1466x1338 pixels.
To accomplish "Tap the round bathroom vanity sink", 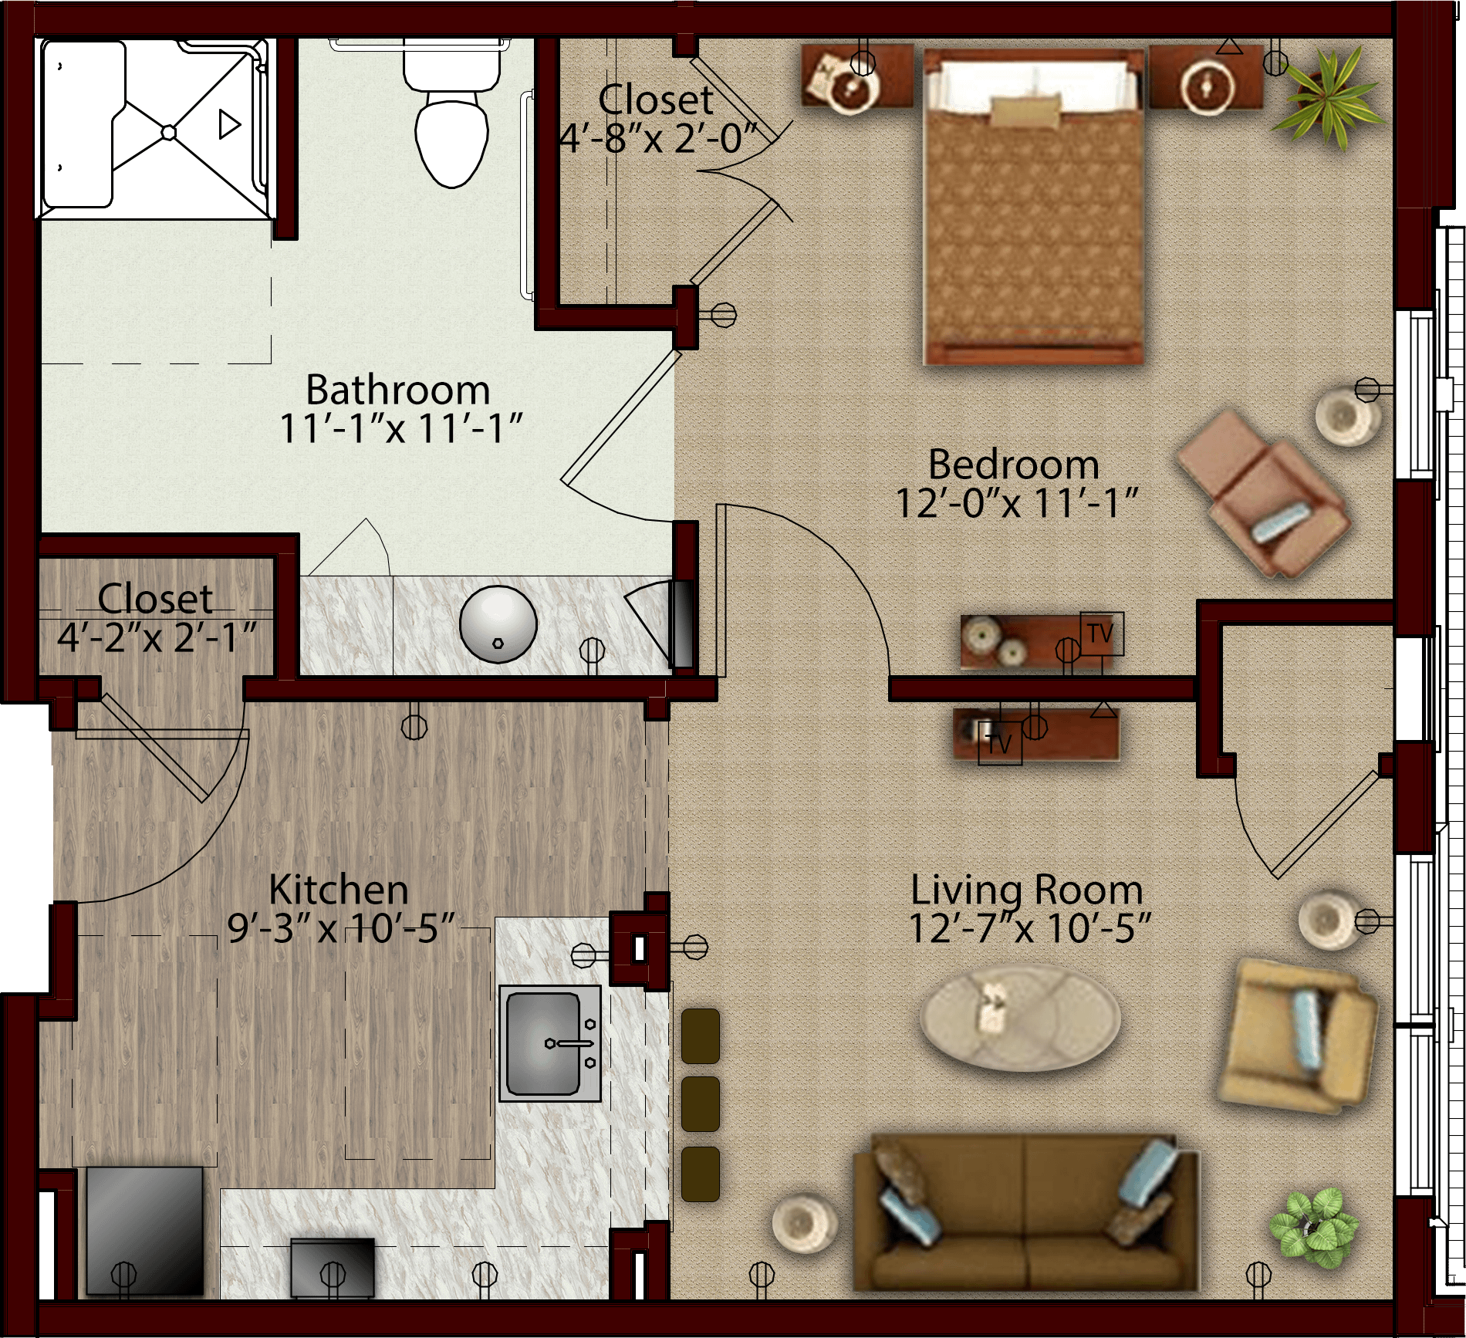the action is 498,623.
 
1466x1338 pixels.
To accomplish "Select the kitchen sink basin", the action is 543,1043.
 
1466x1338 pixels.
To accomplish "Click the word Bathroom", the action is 398,390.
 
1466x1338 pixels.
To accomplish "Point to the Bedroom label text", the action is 1014,465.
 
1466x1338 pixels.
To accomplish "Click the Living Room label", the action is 1027,890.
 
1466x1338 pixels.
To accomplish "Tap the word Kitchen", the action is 339,890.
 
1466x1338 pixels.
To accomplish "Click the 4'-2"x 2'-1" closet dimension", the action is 157,637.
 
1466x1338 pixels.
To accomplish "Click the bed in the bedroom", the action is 1033,207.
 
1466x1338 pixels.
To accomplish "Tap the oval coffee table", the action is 1020,1017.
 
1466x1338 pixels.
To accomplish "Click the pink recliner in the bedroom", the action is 1262,494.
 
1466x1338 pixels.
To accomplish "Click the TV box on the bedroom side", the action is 1102,634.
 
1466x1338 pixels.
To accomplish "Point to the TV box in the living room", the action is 1000,743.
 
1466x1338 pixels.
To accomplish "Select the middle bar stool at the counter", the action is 701,1104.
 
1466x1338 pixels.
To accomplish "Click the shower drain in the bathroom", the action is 168,133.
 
